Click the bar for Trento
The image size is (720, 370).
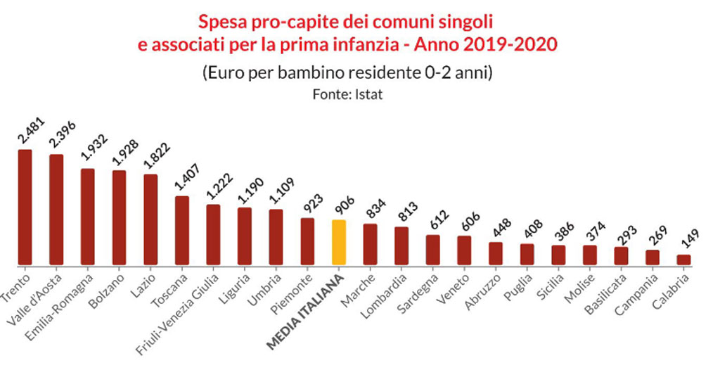[x=25, y=208]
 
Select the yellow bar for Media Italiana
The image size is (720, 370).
[x=339, y=243]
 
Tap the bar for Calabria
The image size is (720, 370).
[x=683, y=260]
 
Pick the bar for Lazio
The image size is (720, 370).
[x=150, y=219]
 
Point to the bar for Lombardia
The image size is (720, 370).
[x=401, y=246]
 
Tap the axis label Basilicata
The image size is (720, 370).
[x=605, y=289]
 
